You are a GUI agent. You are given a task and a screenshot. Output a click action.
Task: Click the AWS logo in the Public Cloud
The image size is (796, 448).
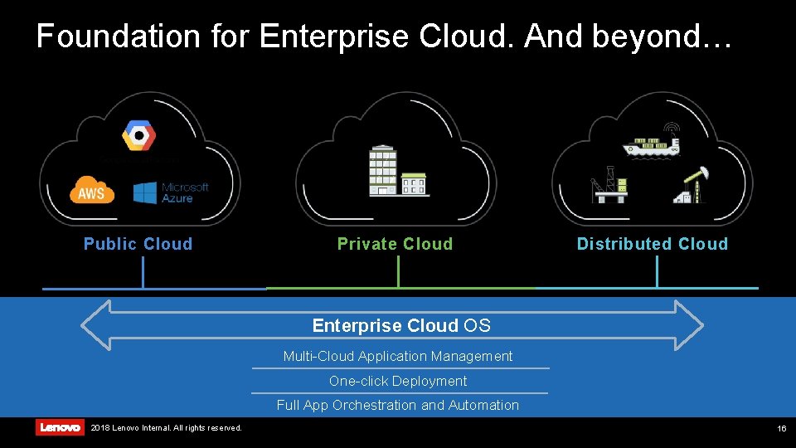pyautogui.click(x=92, y=192)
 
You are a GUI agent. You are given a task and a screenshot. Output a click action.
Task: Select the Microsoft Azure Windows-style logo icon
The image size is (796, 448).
pyautogui.click(x=145, y=192)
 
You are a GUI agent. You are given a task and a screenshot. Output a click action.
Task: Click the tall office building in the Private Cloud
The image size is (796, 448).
pyautogui.click(x=383, y=170)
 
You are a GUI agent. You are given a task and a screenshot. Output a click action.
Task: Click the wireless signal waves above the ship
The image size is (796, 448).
pyautogui.click(x=671, y=129)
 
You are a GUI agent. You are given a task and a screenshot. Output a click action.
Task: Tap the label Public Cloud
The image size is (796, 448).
pyautogui.click(x=138, y=244)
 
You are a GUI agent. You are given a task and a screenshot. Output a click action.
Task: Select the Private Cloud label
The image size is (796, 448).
pyautogui.click(x=395, y=244)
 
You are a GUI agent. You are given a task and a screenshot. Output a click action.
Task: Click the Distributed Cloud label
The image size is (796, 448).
pyautogui.click(x=652, y=244)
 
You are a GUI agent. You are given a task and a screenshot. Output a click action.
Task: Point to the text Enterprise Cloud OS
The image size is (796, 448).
pyautogui.click(x=401, y=325)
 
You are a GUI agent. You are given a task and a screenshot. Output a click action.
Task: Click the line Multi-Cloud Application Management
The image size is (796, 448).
pyautogui.click(x=398, y=357)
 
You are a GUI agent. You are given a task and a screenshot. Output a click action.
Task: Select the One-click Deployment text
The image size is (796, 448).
pyautogui.click(x=398, y=382)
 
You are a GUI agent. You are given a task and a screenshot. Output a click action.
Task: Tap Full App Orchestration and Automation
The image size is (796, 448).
pyautogui.click(x=398, y=406)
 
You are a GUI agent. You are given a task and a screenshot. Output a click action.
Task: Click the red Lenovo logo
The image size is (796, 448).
pyautogui.click(x=60, y=427)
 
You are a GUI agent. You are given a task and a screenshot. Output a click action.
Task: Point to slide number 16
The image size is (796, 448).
pyautogui.click(x=781, y=428)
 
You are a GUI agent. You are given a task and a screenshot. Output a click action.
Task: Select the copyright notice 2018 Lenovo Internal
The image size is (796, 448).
pyautogui.click(x=166, y=428)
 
